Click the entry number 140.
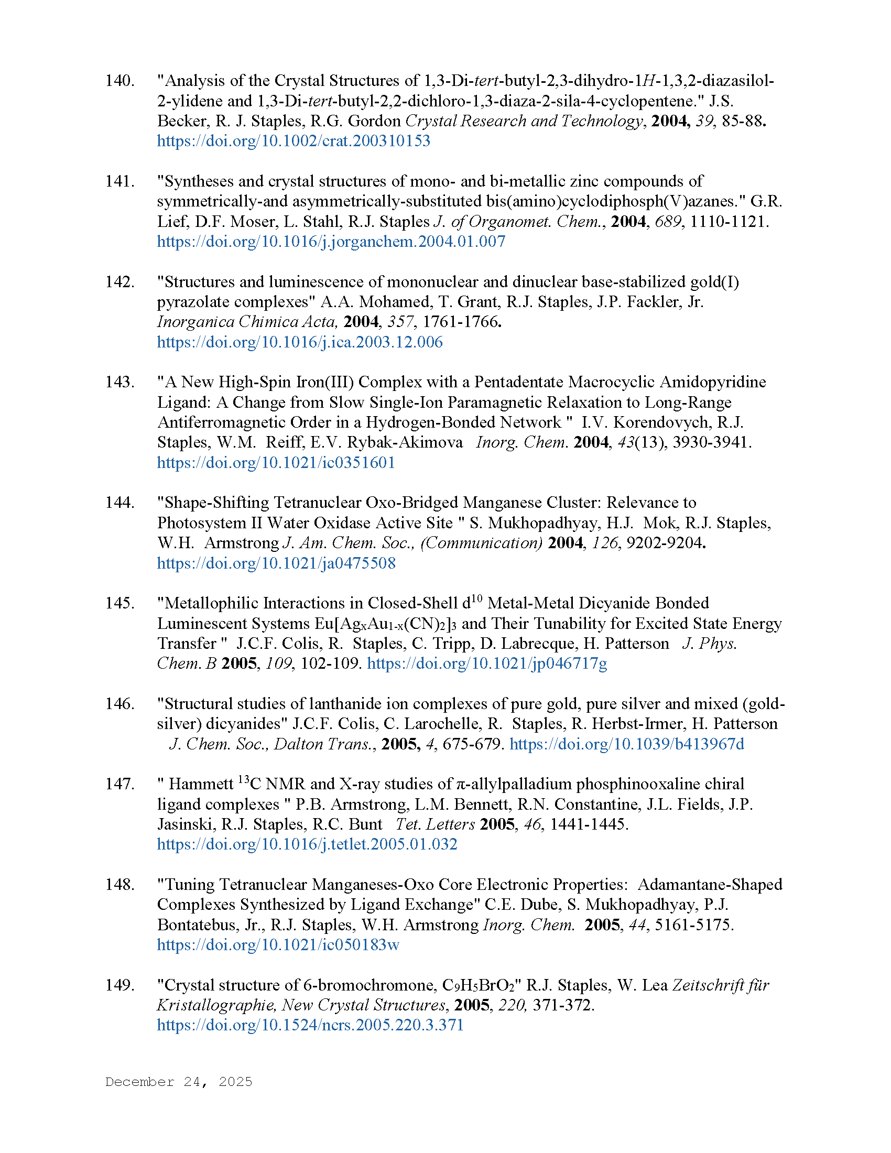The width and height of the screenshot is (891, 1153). (x=119, y=81)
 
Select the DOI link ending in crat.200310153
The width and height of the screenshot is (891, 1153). (x=294, y=141)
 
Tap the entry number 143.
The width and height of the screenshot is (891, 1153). (x=119, y=382)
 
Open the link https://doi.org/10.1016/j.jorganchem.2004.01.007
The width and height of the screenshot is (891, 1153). (x=331, y=242)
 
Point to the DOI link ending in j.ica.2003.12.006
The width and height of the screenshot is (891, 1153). (x=299, y=342)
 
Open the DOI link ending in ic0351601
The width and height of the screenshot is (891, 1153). (x=276, y=463)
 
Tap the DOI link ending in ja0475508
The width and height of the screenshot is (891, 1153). (x=276, y=563)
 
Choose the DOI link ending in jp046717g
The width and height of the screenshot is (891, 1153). (x=487, y=663)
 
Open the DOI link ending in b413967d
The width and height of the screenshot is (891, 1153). (x=626, y=744)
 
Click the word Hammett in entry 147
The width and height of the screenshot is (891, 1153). (x=201, y=785)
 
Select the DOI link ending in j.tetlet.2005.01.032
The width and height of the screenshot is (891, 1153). (x=307, y=844)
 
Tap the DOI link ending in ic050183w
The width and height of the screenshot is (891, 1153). (x=278, y=945)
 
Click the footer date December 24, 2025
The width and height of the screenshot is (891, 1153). (x=178, y=1082)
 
